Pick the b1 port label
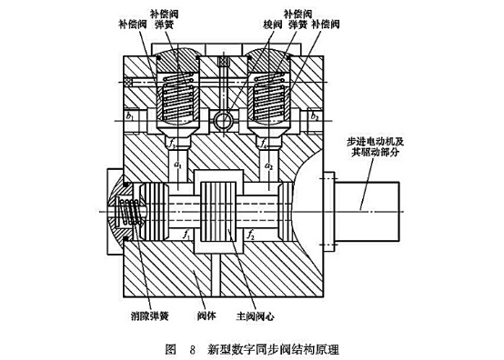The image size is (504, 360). pos(130,117)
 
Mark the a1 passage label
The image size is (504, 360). pos(178,165)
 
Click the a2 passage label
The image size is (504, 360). pos(268,165)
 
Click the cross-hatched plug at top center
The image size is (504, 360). pos(221,61)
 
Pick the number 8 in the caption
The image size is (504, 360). pos(193,348)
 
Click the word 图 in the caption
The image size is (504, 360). pos(170,348)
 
